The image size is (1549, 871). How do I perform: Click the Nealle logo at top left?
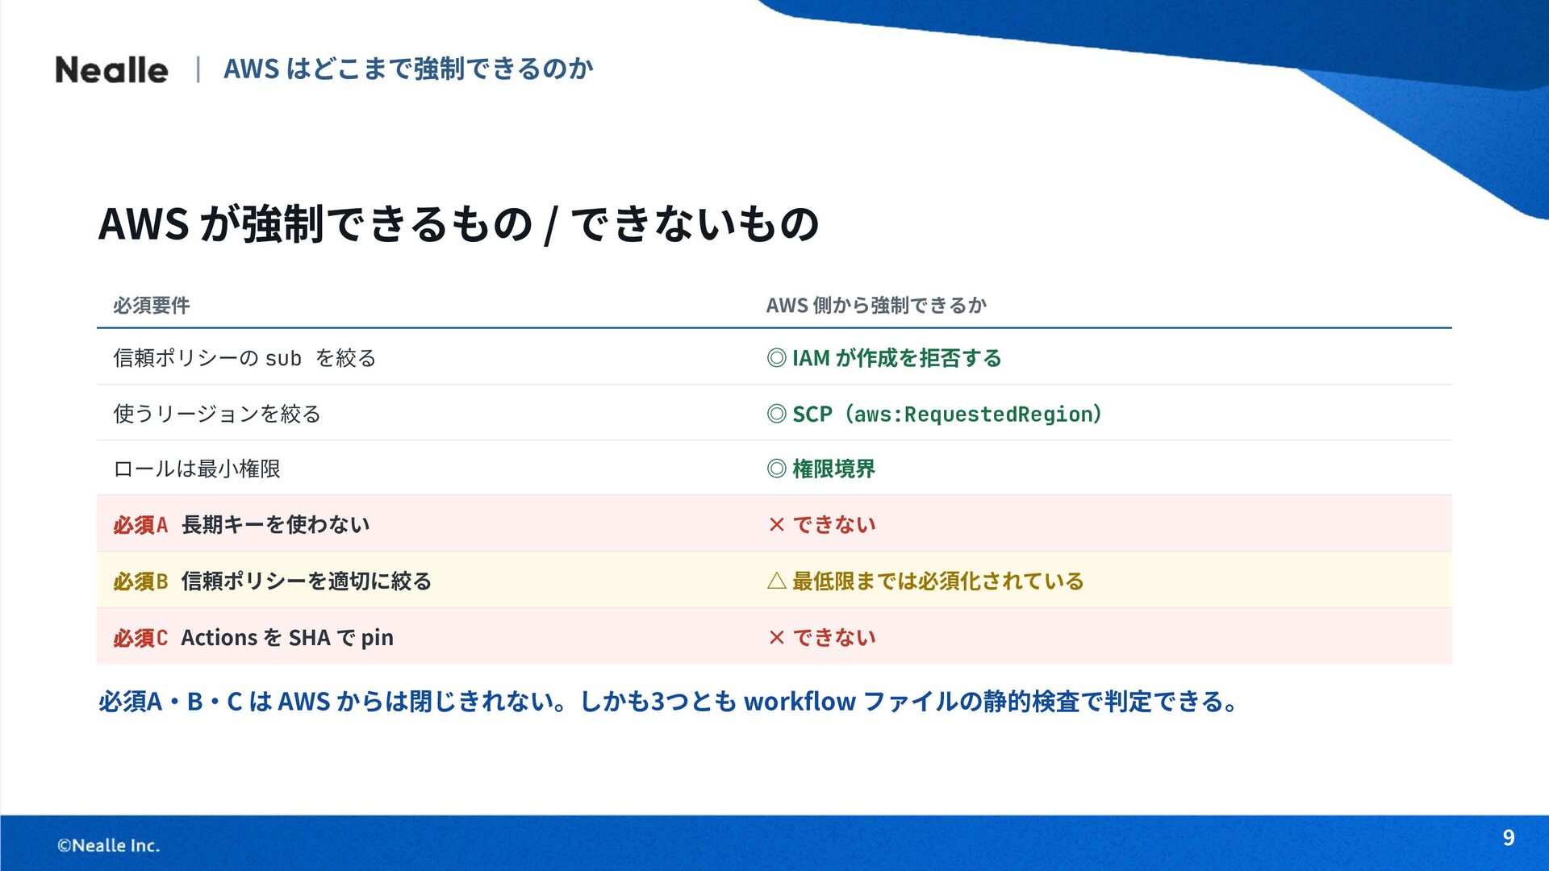(111, 69)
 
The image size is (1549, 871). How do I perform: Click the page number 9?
(1509, 838)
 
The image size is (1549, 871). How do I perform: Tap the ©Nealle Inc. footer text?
(108, 845)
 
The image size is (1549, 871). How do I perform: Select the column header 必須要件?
(152, 306)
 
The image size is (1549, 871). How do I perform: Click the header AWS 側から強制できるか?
(876, 306)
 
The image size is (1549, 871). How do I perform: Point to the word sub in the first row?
(283, 358)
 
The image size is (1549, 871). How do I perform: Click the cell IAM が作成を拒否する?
(896, 358)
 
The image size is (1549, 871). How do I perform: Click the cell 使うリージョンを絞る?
(217, 414)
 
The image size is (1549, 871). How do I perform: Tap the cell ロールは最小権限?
(197, 469)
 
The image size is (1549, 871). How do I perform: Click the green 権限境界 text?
(833, 469)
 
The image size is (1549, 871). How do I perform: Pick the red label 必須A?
(140, 525)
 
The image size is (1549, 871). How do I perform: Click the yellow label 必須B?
(140, 581)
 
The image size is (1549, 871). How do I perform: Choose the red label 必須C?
(140, 638)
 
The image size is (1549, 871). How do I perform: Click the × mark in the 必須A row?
(777, 525)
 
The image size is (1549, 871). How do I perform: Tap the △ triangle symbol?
(777, 581)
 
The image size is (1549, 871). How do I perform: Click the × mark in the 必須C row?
(777, 638)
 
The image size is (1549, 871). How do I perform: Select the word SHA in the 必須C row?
(310, 638)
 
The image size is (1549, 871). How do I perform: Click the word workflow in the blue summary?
(800, 702)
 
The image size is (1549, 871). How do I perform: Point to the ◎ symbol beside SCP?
(777, 414)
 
